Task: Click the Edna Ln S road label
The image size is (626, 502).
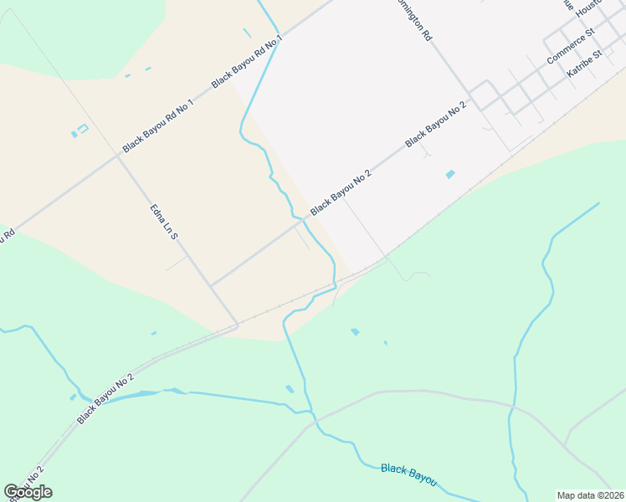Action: pos(164,222)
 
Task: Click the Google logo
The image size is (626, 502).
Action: pos(28,492)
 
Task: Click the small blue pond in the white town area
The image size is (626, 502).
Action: pos(450,174)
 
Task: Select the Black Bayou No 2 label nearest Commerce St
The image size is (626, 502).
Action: pos(435,125)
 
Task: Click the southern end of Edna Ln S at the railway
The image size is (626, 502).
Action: pos(237,325)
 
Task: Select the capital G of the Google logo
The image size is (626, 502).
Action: pos(11,492)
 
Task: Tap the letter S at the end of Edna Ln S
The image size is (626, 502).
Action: pos(174,236)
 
